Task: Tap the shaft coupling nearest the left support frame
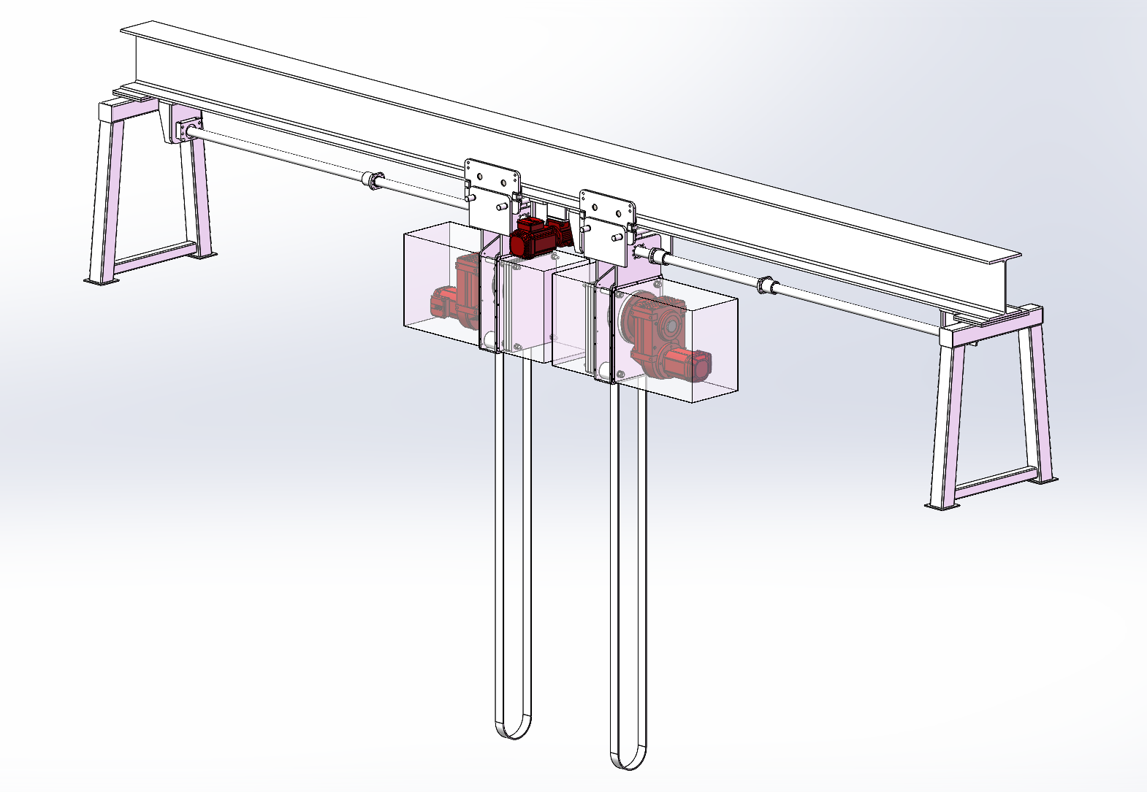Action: (x=373, y=180)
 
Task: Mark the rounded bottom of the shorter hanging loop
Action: (x=514, y=728)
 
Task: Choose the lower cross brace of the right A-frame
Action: (x=994, y=482)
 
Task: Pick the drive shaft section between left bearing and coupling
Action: (x=278, y=154)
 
